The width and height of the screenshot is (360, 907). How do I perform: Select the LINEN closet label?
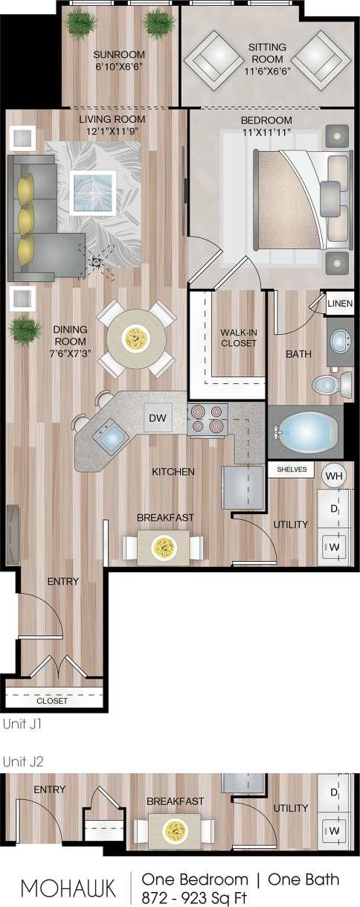click(340, 304)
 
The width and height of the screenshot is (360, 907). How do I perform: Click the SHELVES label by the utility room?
click(292, 470)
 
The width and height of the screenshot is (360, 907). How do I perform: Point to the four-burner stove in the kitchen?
click(207, 418)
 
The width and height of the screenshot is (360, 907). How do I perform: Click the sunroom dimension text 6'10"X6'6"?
click(118, 65)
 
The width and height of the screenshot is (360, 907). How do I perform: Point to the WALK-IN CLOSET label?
click(238, 338)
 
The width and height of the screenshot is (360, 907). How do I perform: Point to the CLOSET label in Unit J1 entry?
click(52, 701)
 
